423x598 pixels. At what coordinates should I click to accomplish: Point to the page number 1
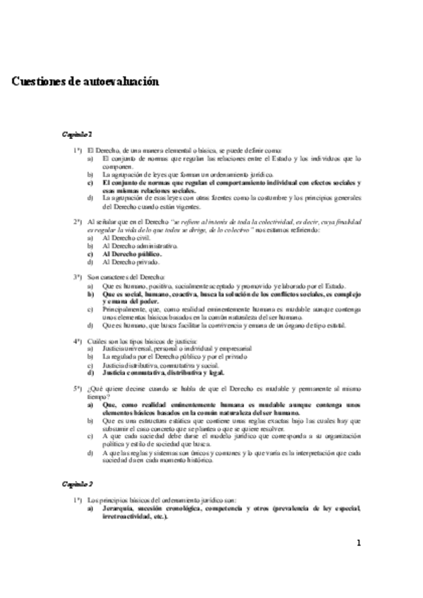tap(359, 543)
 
